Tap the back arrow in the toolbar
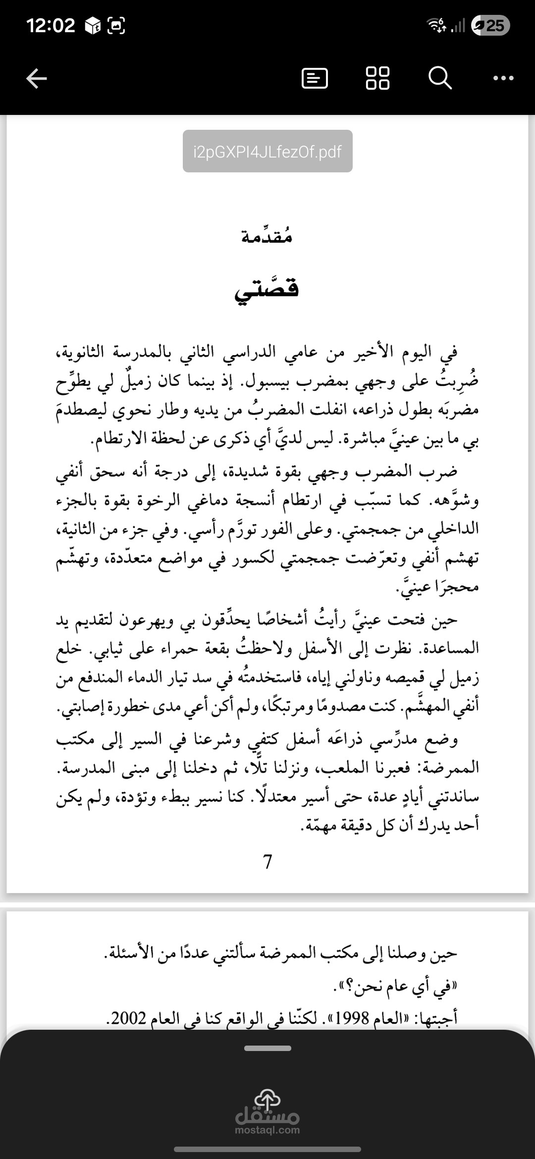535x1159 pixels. (x=37, y=78)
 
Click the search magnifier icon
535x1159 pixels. (x=439, y=78)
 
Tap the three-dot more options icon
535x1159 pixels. (x=504, y=78)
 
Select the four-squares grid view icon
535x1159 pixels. (x=377, y=78)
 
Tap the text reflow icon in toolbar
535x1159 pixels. (x=315, y=78)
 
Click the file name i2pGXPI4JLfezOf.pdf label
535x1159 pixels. (x=267, y=151)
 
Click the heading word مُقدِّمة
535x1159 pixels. (x=267, y=237)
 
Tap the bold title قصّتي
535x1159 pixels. (x=267, y=288)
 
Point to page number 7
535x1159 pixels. (x=267, y=862)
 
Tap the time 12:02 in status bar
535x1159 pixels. (x=51, y=25)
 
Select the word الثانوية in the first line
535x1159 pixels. (x=82, y=353)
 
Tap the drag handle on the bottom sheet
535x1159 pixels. (x=267, y=1048)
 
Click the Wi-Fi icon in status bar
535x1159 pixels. (x=436, y=25)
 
